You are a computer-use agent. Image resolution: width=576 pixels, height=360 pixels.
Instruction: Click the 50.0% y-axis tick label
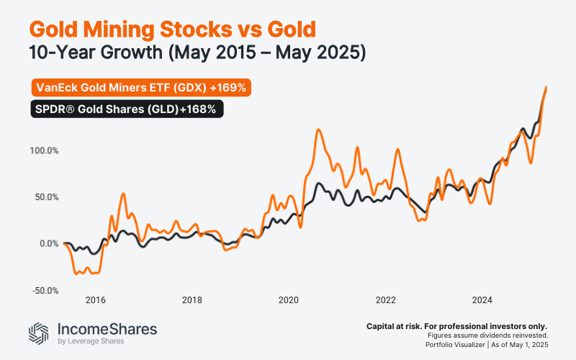tap(45, 197)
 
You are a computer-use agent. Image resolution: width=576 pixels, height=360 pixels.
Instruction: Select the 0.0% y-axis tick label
tap(47, 244)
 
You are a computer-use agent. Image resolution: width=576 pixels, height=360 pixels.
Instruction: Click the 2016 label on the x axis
tap(95, 300)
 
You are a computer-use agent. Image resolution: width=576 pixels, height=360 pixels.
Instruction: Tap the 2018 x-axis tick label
tap(192, 300)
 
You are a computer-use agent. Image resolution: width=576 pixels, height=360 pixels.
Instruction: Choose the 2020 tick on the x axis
tap(288, 300)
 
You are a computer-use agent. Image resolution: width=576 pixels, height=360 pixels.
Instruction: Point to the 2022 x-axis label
tap(385, 300)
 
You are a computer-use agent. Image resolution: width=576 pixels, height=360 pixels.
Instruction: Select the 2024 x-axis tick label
tap(482, 300)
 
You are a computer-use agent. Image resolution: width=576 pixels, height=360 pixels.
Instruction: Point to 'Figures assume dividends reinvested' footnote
tap(487, 336)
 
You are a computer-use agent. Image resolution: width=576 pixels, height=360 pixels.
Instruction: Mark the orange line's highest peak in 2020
tap(318, 130)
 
